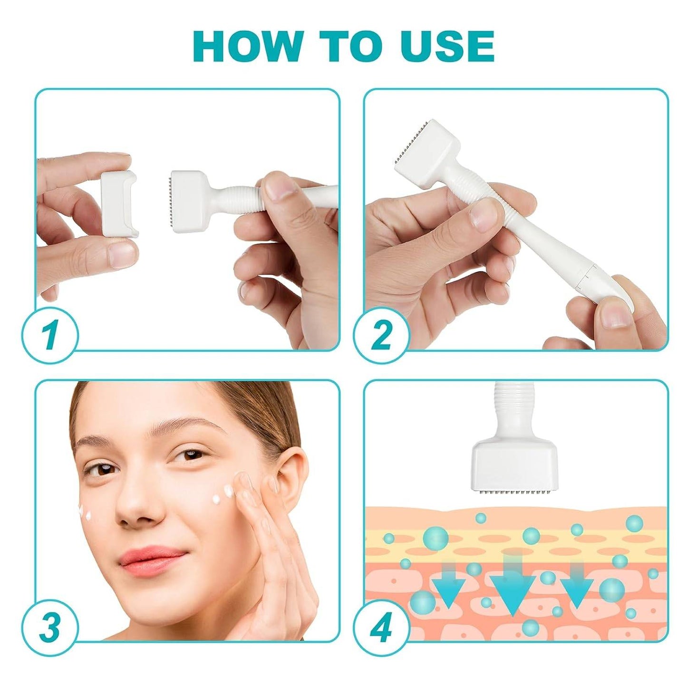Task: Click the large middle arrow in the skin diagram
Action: coord(513,590)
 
